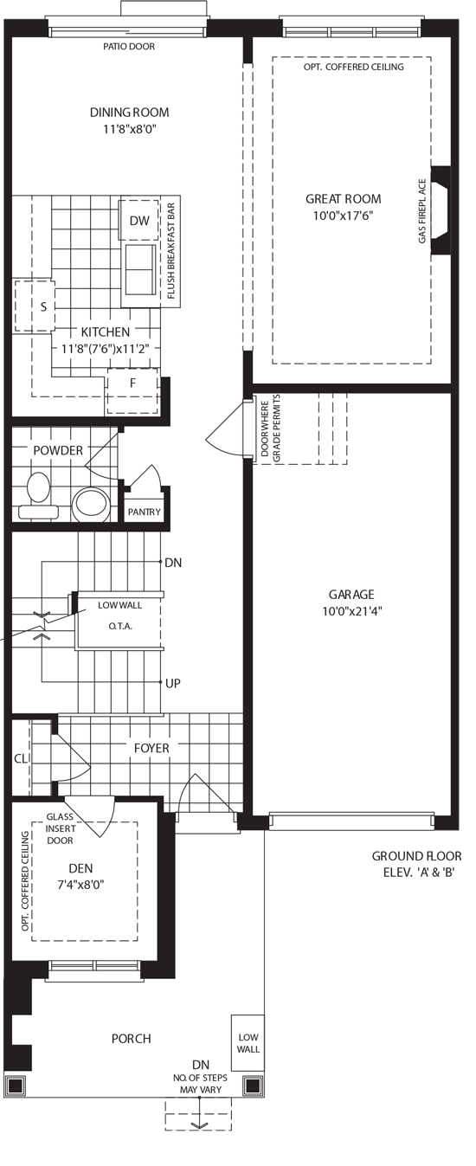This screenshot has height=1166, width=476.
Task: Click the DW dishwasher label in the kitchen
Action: pyautogui.click(x=139, y=221)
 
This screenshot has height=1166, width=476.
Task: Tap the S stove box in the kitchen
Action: pyautogui.click(x=35, y=306)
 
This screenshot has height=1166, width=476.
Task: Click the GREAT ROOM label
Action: pyautogui.click(x=344, y=198)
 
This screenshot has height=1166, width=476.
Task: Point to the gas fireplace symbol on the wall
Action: pyautogui.click(x=441, y=210)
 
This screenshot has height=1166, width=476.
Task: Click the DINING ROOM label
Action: pyautogui.click(x=130, y=112)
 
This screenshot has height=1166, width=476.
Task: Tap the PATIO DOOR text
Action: pyautogui.click(x=128, y=47)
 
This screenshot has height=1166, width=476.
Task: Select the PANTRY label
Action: pyautogui.click(x=145, y=512)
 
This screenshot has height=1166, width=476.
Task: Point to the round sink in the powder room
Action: pyautogui.click(x=92, y=505)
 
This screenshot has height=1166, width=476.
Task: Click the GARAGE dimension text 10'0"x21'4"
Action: pyautogui.click(x=352, y=610)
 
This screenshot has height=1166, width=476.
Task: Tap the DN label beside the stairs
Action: pyautogui.click(x=173, y=562)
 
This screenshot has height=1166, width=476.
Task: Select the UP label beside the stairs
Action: pyautogui.click(x=173, y=683)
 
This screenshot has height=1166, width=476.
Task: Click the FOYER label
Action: pyautogui.click(x=152, y=748)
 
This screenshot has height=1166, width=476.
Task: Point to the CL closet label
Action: pyautogui.click(x=20, y=758)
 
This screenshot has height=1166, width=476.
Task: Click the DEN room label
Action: pyautogui.click(x=81, y=867)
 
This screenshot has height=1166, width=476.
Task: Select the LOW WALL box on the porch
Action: pyautogui.click(x=248, y=1043)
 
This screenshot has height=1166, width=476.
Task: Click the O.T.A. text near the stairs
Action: pyautogui.click(x=120, y=626)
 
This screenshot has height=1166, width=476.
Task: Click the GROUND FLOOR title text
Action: pyautogui.click(x=416, y=856)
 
